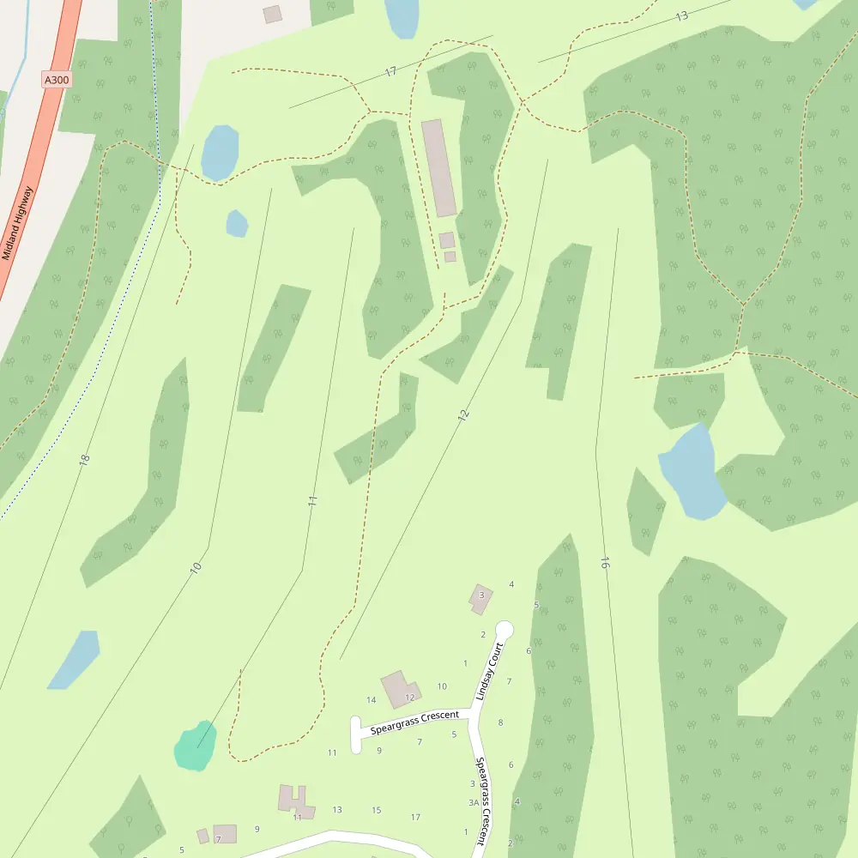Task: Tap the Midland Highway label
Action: click(x=17, y=223)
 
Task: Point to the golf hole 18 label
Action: click(x=83, y=460)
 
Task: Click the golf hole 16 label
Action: click(x=605, y=564)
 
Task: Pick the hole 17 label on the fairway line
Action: click(x=391, y=72)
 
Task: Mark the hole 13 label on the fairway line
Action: click(x=682, y=16)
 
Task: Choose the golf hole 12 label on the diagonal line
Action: click(x=464, y=414)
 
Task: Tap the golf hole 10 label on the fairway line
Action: click(x=196, y=566)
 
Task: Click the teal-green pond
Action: click(x=195, y=746)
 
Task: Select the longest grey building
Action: click(x=438, y=167)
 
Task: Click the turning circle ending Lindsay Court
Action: click(x=505, y=630)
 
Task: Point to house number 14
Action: click(x=372, y=700)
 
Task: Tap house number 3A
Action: click(x=473, y=803)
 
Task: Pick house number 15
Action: click(x=377, y=810)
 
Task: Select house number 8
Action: click(x=500, y=722)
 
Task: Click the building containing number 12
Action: click(x=400, y=689)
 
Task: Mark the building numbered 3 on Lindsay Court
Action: click(x=480, y=598)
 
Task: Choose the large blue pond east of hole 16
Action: click(x=690, y=472)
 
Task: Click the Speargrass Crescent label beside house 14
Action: click(x=414, y=722)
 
